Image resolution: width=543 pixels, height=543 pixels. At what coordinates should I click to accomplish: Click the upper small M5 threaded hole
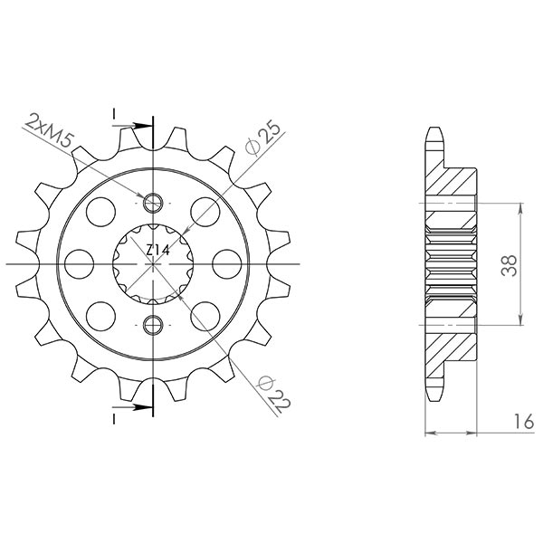pyautogui.click(x=152, y=201)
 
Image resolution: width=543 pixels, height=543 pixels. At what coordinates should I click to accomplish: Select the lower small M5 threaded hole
pyautogui.click(x=152, y=323)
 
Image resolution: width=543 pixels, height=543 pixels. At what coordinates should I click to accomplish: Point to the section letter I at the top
pyautogui.click(x=115, y=112)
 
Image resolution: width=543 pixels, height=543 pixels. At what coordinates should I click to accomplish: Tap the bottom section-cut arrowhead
pyautogui.click(x=143, y=409)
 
